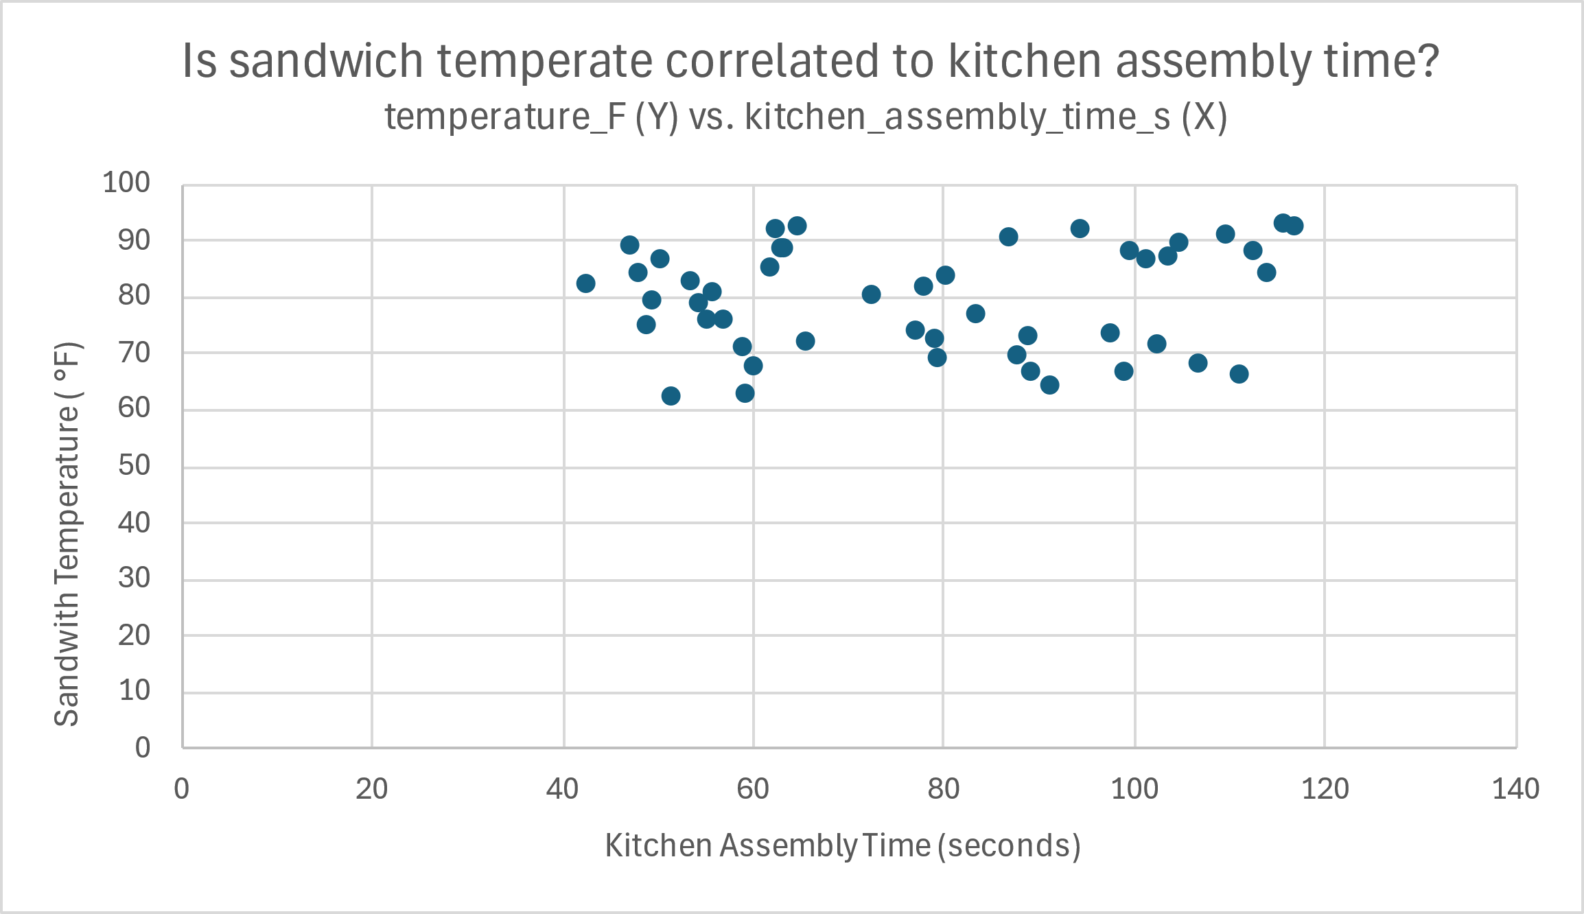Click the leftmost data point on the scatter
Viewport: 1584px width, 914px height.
585,283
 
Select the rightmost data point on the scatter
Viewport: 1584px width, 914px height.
1294,226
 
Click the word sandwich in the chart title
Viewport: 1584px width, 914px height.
326,61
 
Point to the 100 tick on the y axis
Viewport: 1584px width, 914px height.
126,183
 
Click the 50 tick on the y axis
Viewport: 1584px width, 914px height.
134,465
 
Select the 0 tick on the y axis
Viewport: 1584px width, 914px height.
143,747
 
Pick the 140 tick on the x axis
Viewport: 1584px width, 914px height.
1515,789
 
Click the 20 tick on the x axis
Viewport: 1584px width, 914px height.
371,789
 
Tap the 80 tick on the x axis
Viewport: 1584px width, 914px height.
943,789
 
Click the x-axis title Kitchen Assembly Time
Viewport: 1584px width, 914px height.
842,845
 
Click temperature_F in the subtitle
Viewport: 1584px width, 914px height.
505,117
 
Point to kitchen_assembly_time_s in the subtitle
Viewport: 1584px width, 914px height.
957,117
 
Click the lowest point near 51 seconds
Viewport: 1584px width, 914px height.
671,396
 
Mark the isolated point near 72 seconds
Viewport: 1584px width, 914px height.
871,294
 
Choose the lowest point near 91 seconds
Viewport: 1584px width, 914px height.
1049,385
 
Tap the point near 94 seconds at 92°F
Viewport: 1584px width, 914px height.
1080,228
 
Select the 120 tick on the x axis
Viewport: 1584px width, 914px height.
1325,789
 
